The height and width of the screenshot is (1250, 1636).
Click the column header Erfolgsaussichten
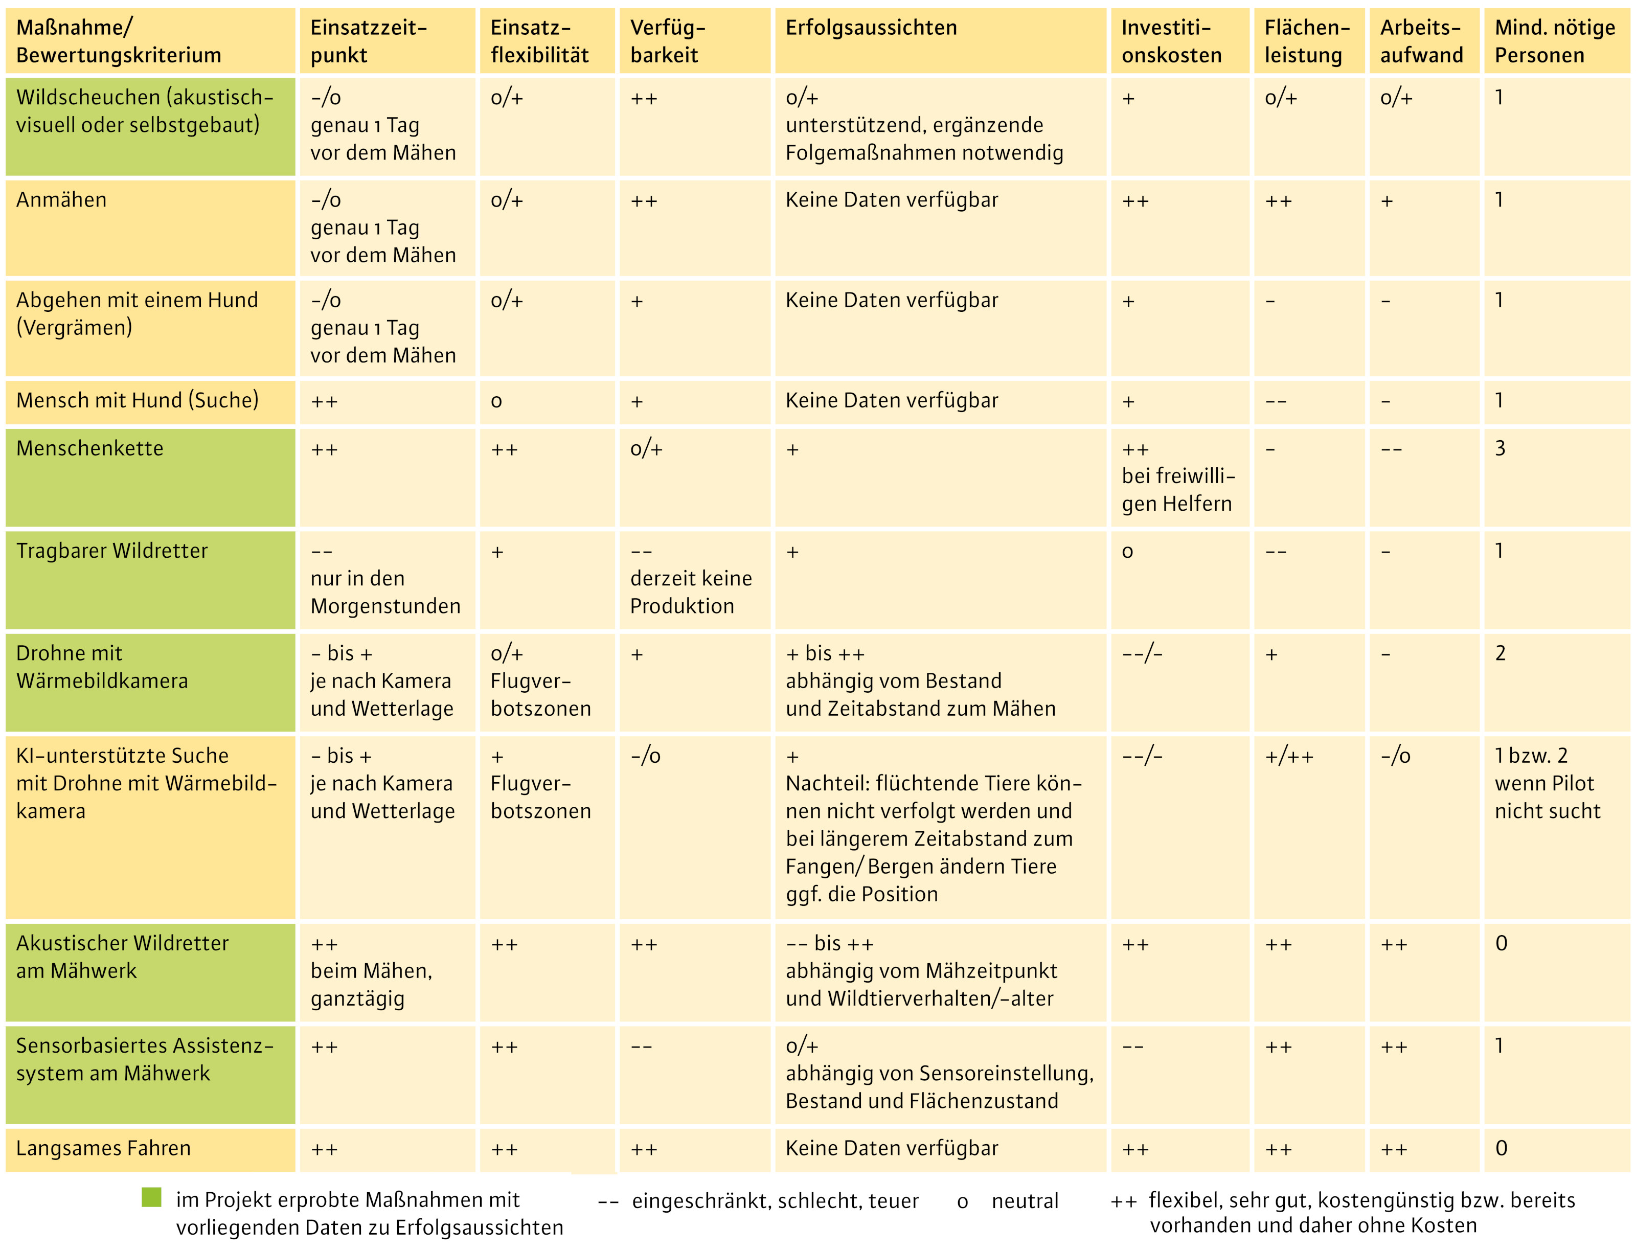pos(871,28)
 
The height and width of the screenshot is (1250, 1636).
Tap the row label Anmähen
pos(62,200)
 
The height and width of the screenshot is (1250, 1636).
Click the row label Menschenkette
pos(90,449)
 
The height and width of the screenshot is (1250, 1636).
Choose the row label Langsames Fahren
pos(103,1148)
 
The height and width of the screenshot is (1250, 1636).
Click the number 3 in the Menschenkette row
pos(1500,449)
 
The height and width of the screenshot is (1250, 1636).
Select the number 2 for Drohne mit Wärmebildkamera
pos(1500,653)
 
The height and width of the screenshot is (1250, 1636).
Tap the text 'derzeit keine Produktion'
pos(690,592)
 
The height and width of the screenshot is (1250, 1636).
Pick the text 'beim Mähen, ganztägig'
pos(371,984)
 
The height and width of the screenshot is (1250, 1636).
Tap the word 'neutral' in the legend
pos(1025,1201)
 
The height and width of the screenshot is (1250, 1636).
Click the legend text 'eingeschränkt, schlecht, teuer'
pos(775,1201)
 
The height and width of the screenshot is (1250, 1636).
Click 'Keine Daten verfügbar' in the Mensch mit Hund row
pos(891,401)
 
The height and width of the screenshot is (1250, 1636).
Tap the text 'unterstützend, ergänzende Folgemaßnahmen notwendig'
pos(924,139)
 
